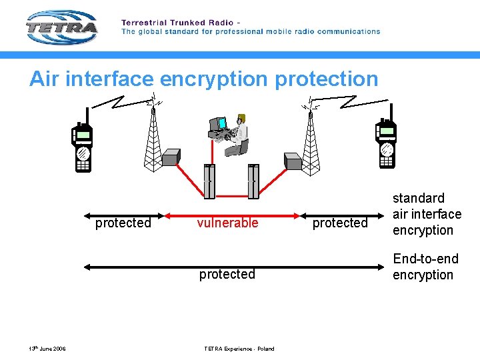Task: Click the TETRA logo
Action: [61, 27]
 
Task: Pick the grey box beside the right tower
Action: [293, 161]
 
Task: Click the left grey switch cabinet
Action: [209, 181]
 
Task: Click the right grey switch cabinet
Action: [253, 181]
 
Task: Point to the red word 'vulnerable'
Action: [227, 223]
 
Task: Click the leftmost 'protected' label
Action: [123, 223]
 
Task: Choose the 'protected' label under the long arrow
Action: [227, 274]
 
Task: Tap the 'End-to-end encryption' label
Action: [425, 267]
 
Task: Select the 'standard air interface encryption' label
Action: [427, 214]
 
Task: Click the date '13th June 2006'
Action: [47, 349]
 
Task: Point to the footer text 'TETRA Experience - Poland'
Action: [239, 349]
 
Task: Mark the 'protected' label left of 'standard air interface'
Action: [340, 223]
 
